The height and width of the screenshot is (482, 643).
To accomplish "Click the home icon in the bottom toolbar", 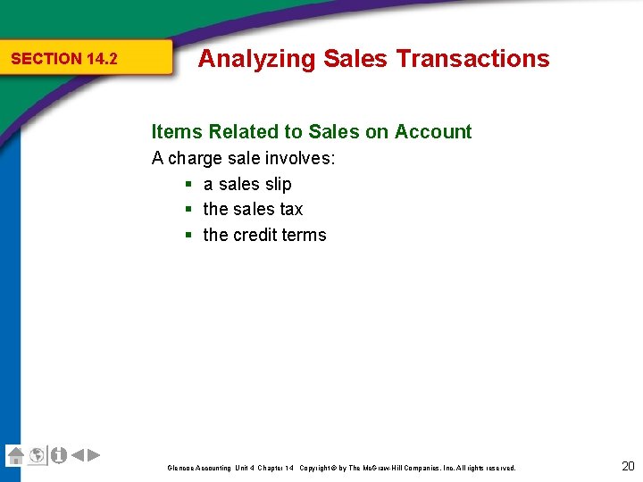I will pos(15,455).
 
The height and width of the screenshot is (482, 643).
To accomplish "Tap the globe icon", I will pos(37,455).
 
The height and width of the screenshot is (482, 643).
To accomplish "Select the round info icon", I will pos(58,455).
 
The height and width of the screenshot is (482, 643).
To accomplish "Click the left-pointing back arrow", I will pos(78,455).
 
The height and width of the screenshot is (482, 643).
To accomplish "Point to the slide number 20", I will pos(627,465).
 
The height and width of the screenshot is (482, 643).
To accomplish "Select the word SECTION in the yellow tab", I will pos(46,59).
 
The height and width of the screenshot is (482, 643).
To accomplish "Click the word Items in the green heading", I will pos(177,132).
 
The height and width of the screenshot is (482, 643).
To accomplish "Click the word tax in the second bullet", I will pos(291,209).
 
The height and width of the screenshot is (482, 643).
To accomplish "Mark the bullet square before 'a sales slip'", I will pos(189,185).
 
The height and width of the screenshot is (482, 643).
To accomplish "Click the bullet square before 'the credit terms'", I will pos(189,236).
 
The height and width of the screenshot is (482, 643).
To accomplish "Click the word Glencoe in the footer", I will pos(180,468).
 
